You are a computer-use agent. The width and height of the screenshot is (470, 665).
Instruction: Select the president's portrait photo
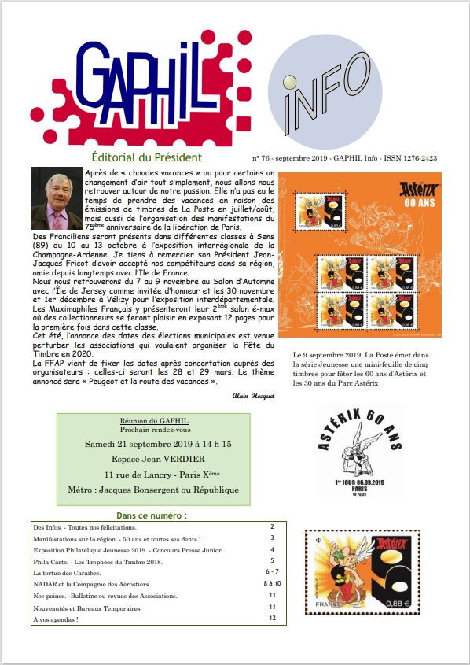click(x=56, y=198)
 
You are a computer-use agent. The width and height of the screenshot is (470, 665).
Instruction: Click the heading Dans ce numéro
click(x=149, y=515)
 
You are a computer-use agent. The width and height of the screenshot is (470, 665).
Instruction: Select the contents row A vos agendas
click(x=56, y=619)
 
